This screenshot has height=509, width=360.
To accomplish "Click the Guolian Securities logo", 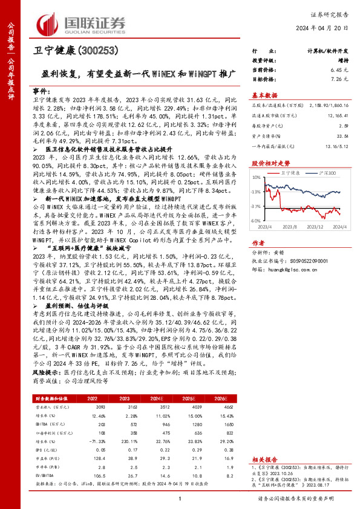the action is (82, 21).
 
